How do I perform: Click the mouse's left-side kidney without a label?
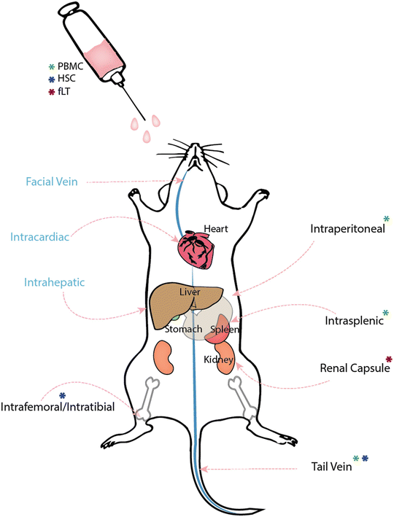[x=164, y=358]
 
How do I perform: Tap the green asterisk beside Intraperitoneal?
[x=386, y=219]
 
